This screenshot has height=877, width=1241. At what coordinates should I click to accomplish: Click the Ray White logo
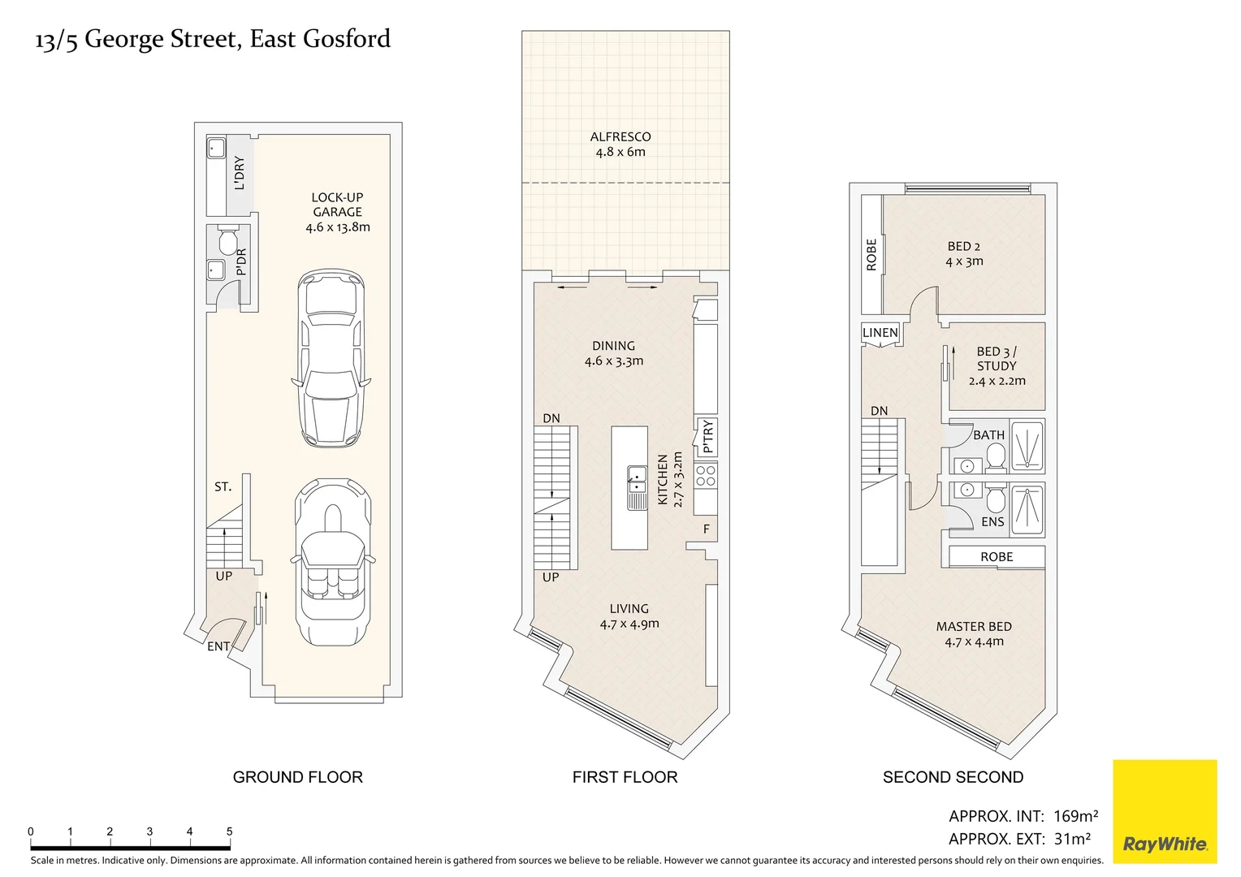point(1164,811)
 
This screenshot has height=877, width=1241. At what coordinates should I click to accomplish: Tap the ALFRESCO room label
point(620,137)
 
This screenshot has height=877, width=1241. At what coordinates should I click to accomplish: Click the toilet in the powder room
point(228,242)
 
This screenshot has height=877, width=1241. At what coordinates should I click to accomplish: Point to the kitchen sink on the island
point(637,487)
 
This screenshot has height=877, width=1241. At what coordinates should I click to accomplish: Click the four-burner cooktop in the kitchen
point(706,476)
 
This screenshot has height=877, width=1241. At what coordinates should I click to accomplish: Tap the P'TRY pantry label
point(707,436)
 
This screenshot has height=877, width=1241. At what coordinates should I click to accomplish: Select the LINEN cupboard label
point(880,333)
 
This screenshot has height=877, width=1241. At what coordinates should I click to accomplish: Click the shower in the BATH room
point(1027,445)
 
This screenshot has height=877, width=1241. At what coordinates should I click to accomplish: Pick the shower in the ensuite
point(1027,509)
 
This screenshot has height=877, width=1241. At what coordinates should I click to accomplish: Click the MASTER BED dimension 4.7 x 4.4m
point(974,642)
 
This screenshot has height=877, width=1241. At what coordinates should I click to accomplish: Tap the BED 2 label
point(964,246)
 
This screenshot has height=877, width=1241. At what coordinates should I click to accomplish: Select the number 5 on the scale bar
point(229,832)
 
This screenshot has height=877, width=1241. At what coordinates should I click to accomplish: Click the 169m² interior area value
point(1075,816)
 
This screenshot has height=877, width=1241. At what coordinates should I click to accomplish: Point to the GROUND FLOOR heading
point(297,777)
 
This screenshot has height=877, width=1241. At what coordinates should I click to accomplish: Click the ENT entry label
point(218,646)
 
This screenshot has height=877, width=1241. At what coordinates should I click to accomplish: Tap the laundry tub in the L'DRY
point(216,149)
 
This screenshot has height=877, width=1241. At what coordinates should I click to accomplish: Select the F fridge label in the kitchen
point(707,529)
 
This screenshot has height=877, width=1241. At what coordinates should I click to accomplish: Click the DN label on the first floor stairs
point(551,418)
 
